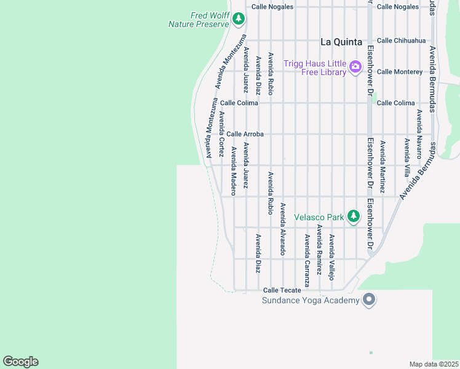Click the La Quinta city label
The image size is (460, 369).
click(x=343, y=42)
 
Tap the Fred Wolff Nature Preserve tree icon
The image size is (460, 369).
click(x=239, y=20)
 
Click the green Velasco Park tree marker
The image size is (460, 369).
click(x=353, y=216)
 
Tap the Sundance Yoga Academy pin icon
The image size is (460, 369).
click(x=369, y=300)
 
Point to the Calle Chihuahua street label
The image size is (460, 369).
click(x=401, y=41)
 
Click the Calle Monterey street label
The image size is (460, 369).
click(x=400, y=72)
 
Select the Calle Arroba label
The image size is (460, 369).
click(x=245, y=134)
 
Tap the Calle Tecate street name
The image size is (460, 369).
click(x=282, y=290)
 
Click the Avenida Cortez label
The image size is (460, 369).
click(x=221, y=133)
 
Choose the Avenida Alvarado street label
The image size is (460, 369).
click(x=283, y=229)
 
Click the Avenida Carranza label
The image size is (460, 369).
click(x=307, y=255)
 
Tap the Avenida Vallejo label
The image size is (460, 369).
click(x=331, y=256)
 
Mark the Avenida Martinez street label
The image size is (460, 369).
click(x=382, y=167)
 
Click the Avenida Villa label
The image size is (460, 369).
click(x=406, y=157)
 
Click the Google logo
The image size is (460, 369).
click(x=20, y=362)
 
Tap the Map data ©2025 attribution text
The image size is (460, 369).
click(x=434, y=364)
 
